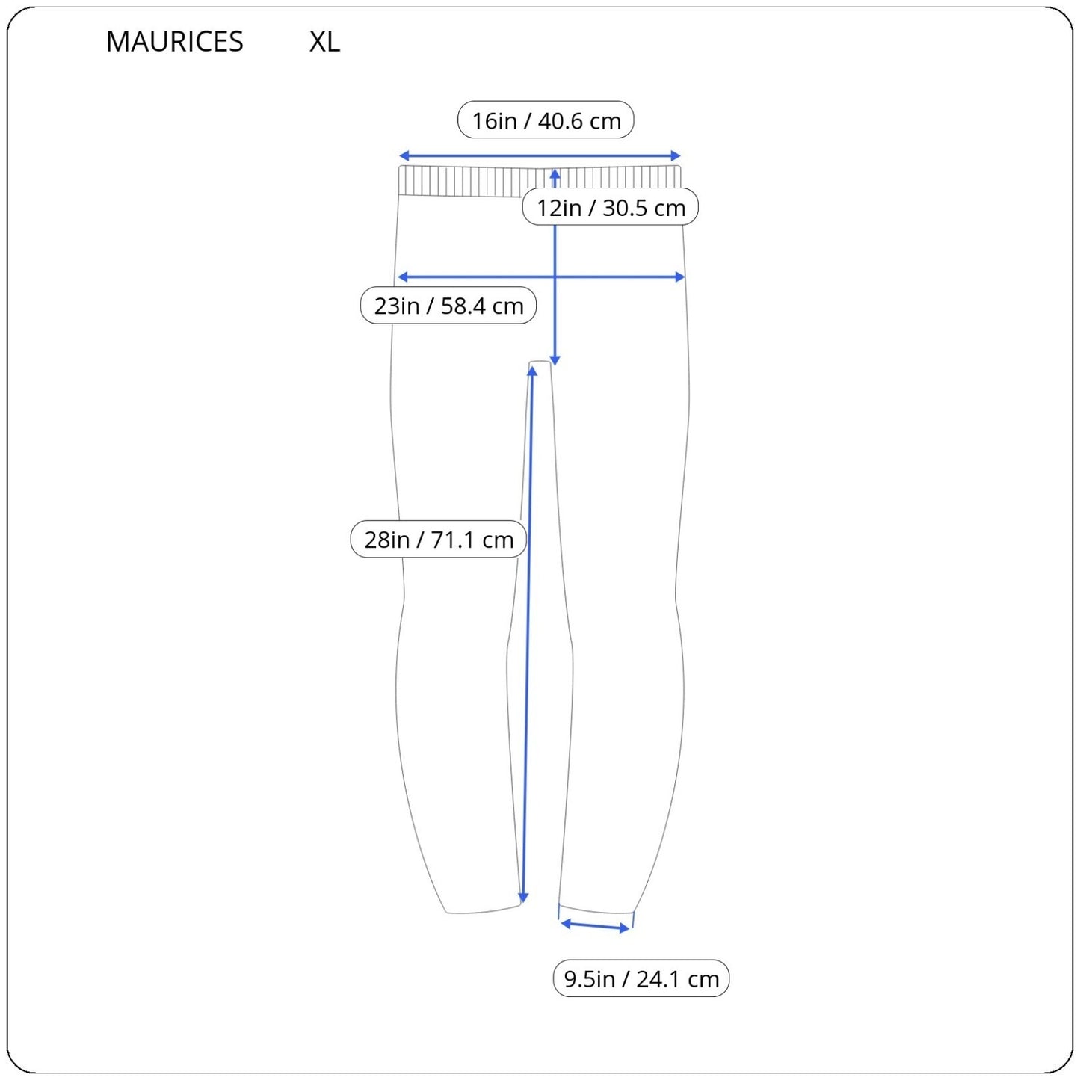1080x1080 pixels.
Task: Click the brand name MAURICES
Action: coord(174,41)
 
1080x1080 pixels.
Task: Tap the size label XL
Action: coord(324,41)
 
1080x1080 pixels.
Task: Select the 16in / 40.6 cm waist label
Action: coord(546,120)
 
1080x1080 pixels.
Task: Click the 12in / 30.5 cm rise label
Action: coord(611,207)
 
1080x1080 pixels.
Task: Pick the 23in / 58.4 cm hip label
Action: coord(448,306)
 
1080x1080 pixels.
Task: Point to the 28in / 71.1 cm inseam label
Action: coord(438,539)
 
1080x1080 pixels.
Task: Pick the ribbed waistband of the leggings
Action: coord(540,181)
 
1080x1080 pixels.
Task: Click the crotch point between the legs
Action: coord(540,362)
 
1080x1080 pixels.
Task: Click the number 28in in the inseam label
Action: coord(386,540)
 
